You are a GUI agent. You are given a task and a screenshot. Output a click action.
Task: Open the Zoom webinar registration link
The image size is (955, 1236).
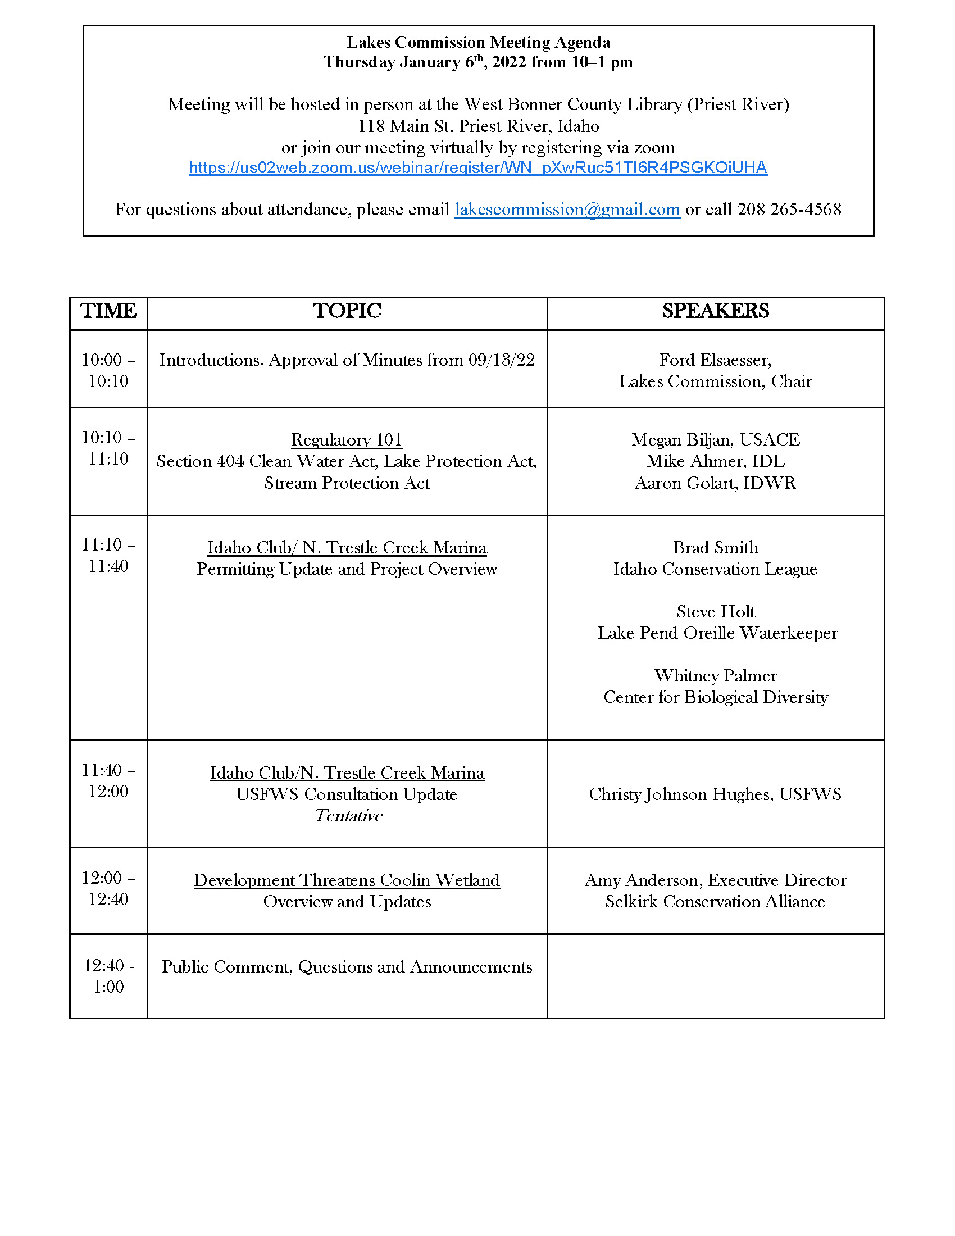(478, 168)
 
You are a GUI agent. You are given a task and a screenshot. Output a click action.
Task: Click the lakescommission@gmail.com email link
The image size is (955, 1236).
(567, 210)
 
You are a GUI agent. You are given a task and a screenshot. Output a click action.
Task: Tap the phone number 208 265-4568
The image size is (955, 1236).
(789, 210)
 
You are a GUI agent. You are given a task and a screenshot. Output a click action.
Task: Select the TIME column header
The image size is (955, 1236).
(108, 311)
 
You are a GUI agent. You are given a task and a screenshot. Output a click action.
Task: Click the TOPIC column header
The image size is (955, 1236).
(347, 311)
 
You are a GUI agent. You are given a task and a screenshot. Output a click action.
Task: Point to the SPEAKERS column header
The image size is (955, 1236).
(715, 311)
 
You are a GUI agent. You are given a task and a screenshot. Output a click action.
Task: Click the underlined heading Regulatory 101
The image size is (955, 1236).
(346, 440)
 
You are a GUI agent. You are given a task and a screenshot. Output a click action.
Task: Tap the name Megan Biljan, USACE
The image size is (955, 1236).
(715, 440)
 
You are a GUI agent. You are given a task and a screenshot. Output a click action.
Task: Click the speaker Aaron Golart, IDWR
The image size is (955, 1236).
(715, 483)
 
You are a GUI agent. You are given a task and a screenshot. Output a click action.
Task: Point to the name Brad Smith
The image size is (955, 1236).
(715, 547)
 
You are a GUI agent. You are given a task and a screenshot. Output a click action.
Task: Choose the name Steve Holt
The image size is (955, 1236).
(715, 612)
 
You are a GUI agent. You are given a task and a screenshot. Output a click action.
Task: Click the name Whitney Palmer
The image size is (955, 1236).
(715, 676)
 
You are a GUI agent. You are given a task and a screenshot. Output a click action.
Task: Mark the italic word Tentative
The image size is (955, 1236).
(348, 816)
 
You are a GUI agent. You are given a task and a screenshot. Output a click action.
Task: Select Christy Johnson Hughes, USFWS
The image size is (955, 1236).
(715, 794)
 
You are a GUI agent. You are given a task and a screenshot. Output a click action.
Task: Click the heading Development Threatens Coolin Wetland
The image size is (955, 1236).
(347, 880)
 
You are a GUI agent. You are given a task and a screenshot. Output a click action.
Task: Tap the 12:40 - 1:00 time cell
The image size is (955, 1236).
(108, 976)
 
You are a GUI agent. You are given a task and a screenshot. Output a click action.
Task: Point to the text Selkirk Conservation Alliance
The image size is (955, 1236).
(715, 902)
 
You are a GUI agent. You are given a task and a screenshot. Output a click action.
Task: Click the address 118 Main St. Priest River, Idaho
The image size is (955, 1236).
(478, 126)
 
